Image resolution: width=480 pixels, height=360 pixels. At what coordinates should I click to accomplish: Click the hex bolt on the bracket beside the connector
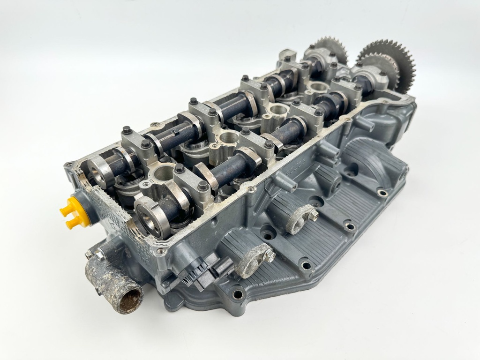270,256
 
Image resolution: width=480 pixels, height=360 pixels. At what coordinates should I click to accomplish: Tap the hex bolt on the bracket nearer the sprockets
313,215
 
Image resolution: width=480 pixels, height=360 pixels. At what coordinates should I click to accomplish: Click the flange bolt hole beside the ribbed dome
382,193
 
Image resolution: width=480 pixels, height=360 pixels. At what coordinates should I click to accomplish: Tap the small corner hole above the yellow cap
70,165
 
